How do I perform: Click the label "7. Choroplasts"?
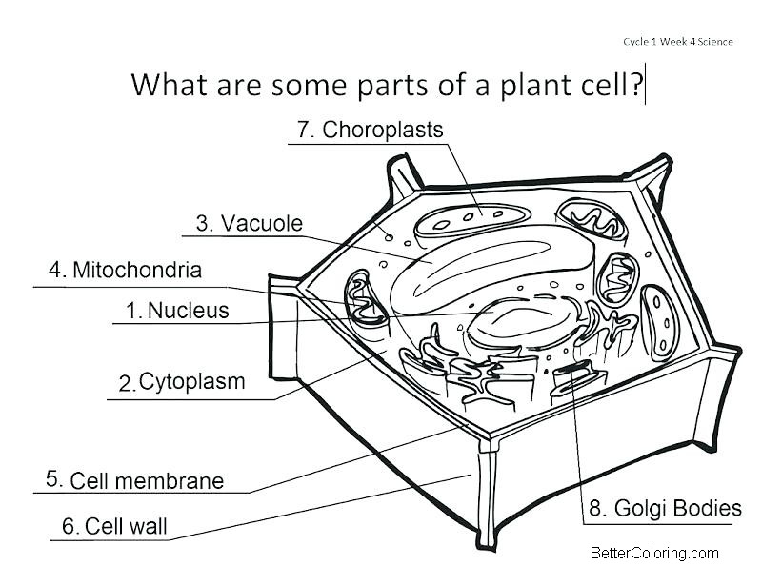[x=370, y=130]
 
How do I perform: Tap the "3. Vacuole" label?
[x=250, y=223]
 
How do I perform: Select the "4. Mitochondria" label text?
[x=125, y=270]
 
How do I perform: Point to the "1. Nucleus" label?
[x=177, y=311]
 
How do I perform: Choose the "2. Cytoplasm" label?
[x=182, y=382]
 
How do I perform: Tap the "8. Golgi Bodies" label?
[x=665, y=508]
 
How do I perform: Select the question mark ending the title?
[x=636, y=85]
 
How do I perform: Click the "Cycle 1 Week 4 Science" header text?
[x=678, y=42]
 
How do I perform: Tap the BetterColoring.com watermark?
[x=654, y=553]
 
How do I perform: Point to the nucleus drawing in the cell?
[x=522, y=323]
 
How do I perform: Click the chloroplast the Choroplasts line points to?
[x=472, y=220]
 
